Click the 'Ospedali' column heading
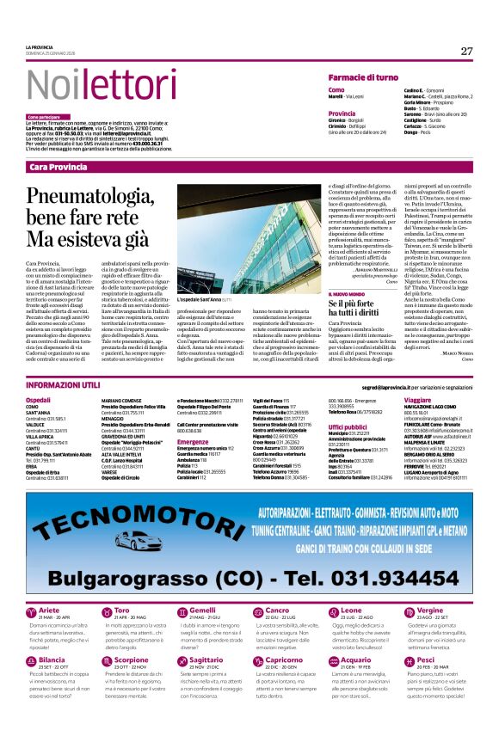(x=39, y=401)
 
